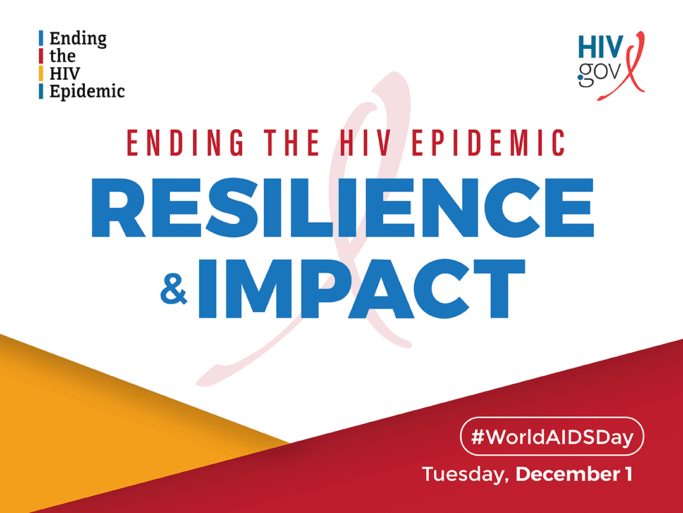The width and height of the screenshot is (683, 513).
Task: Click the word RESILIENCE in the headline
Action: point(342,208)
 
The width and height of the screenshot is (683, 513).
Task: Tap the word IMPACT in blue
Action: point(362,289)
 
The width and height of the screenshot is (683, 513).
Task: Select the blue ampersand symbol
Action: point(174,289)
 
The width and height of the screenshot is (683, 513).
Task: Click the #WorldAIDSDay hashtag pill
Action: point(552,436)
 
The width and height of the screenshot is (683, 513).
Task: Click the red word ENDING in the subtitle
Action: point(185,142)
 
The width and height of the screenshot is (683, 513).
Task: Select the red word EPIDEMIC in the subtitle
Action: point(488,142)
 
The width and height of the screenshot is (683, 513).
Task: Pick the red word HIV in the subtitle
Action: point(365,142)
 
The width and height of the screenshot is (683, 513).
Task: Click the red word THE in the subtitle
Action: point(292,142)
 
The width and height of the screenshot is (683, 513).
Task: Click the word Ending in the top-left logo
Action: point(78,39)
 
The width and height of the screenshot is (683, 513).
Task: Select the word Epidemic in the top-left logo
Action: point(87,92)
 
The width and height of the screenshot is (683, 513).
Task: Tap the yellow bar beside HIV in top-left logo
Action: point(41,73)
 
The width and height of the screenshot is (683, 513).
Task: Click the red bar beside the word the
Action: point(41,56)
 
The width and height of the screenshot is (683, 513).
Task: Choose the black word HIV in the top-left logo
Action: point(65,73)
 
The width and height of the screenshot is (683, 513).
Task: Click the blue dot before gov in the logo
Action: point(581,79)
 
